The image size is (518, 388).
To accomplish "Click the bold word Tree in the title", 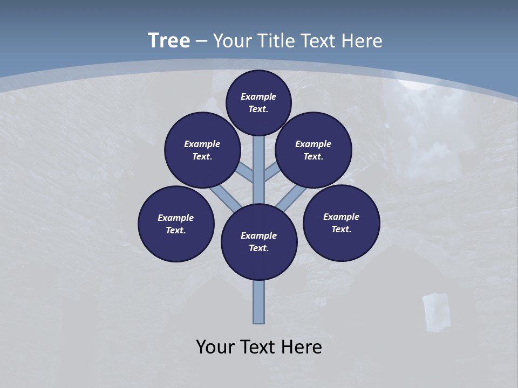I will tap(169, 41).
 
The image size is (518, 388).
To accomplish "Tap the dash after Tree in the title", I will tap(201, 41).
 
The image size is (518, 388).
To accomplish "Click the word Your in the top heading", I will tap(228, 41).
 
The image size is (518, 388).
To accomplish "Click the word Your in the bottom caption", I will tap(215, 347).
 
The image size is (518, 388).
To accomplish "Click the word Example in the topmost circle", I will tap(258, 96).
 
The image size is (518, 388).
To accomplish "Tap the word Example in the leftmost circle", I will tap(175, 218).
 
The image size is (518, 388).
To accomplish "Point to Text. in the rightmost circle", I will tap(341, 229).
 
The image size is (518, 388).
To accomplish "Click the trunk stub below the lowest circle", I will tap(258, 302).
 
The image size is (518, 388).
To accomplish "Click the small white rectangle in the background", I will tap(435, 311).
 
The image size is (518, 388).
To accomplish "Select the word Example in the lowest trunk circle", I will tap(258, 235).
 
